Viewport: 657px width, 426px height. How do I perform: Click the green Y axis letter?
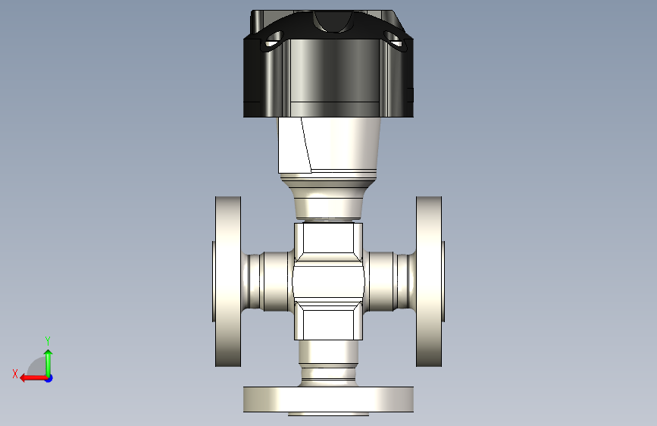point(48,340)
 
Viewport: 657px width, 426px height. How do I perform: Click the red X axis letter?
point(15,374)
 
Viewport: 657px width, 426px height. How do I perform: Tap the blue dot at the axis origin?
point(49,378)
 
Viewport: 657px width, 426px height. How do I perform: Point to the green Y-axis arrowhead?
point(48,353)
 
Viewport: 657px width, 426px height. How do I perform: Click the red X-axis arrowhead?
point(24,378)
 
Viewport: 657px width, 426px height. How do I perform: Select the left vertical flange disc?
point(228,281)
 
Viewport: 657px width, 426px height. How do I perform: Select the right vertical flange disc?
point(429,281)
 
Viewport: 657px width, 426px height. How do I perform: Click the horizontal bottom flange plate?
point(329,399)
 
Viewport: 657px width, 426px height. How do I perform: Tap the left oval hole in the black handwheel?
point(274,40)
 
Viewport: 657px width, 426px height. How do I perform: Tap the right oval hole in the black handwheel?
point(393,40)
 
